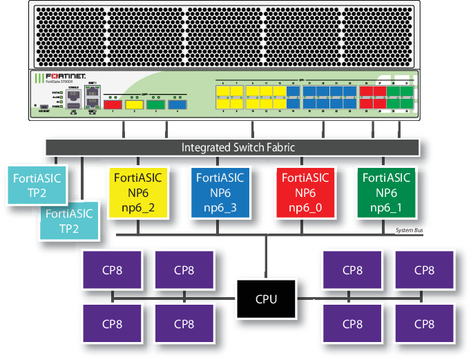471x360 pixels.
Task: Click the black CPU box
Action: (267, 299)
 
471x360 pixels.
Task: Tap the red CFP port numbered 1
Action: (113, 105)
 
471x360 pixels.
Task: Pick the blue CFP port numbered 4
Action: (177, 105)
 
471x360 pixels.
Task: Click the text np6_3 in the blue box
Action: (220, 207)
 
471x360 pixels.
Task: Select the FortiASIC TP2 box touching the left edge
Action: (37, 185)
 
